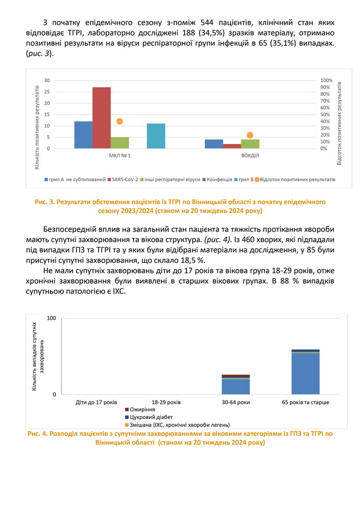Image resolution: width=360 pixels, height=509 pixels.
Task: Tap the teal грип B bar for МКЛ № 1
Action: [156, 136]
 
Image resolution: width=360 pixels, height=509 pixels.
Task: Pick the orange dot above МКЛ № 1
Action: [120, 121]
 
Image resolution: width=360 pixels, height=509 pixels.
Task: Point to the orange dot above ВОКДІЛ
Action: [250, 135]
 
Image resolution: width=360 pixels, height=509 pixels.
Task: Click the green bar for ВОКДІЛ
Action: [250, 144]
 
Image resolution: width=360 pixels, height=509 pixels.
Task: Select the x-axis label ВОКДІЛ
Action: [250, 157]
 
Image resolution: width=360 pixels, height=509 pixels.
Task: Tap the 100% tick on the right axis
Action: [326, 80]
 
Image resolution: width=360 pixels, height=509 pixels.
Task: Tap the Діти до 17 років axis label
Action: [96, 402]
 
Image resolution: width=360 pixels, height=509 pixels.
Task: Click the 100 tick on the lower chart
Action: [51, 319]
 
